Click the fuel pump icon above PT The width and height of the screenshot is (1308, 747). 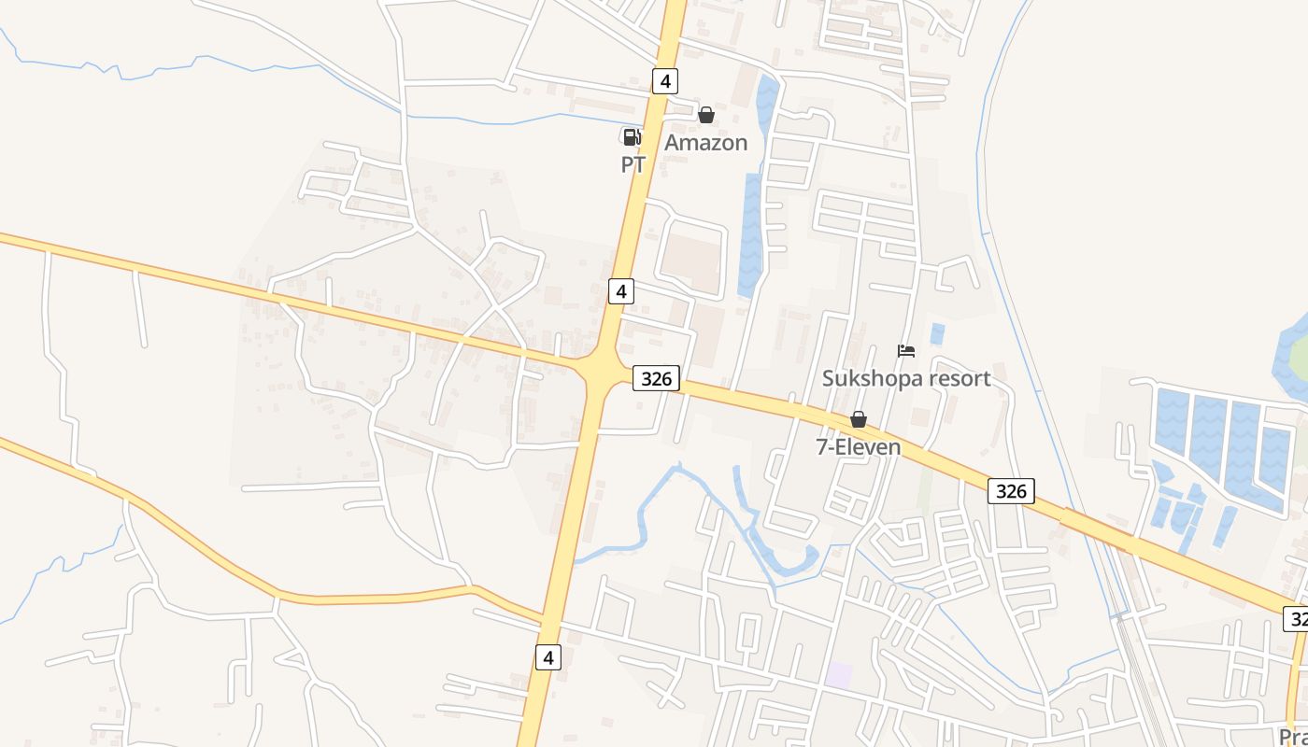tap(632, 137)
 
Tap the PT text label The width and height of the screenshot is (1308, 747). tap(633, 165)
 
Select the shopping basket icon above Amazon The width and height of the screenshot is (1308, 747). tap(706, 115)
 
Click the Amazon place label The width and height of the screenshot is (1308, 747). tap(705, 143)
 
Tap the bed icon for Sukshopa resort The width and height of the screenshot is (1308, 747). tap(906, 351)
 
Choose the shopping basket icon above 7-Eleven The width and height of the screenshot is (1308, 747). tap(858, 420)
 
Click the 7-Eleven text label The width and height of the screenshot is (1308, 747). tap(859, 447)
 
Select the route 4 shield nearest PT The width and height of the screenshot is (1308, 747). tap(664, 81)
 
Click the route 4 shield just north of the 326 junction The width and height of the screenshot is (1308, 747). tap(621, 291)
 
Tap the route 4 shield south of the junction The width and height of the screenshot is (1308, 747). tap(548, 656)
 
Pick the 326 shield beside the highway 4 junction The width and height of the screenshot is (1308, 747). tap(656, 378)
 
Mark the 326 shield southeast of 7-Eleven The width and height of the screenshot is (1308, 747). tap(1011, 491)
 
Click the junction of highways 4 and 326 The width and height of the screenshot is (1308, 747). tap(602, 372)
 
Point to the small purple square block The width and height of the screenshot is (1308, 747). tap(838, 675)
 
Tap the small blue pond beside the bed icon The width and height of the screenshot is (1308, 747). tap(937, 333)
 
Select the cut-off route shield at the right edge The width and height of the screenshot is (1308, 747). tap(1297, 618)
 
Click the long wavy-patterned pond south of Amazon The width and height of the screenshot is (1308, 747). tap(750, 233)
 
